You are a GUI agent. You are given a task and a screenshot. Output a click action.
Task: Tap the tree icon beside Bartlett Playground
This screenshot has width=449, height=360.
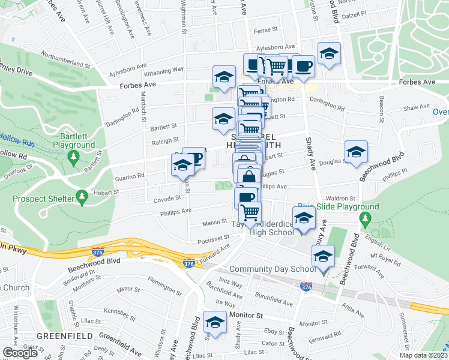[74, 158]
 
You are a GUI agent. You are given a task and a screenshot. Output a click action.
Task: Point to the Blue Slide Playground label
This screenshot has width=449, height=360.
[344, 207]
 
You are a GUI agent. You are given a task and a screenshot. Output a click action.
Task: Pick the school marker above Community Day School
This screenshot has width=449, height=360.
[323, 257]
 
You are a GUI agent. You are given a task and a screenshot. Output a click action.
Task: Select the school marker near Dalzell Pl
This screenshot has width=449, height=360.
[329, 53]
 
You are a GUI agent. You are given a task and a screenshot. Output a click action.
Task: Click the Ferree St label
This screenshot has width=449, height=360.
[267, 29]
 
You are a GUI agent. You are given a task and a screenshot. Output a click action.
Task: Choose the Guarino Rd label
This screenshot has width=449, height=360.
[132, 176]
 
